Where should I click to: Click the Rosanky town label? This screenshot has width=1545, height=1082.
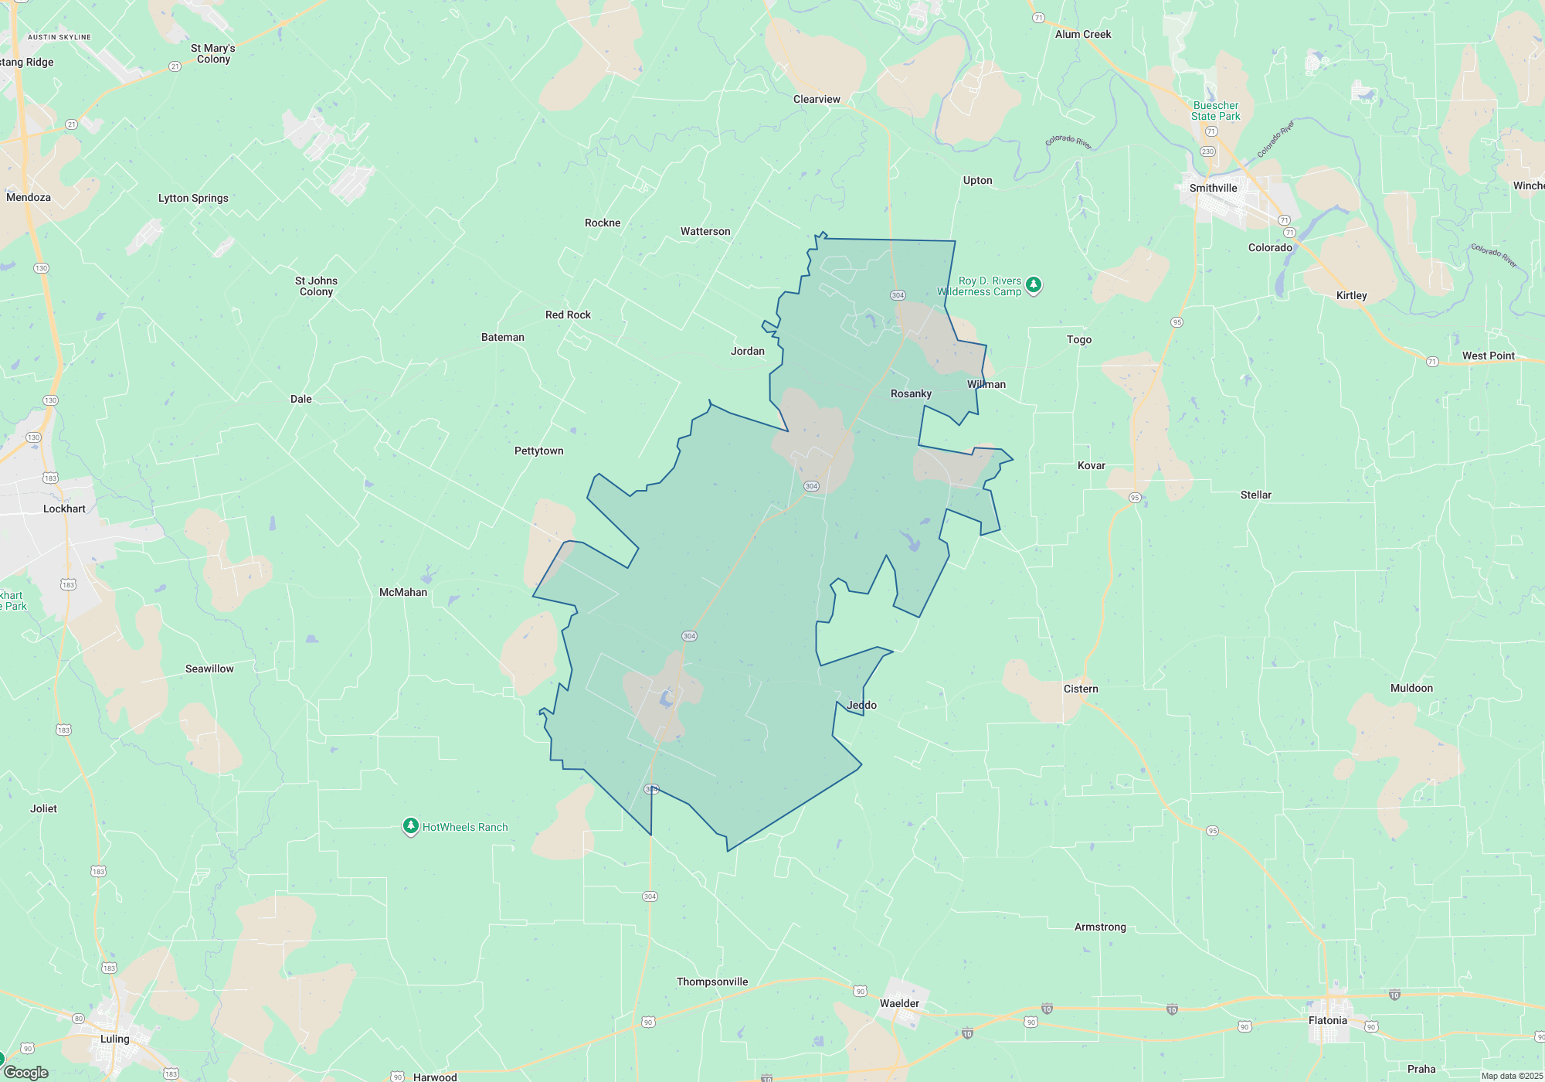coord(911,394)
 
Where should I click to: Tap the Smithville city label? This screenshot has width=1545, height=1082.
coord(1213,189)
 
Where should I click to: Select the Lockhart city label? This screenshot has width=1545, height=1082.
coord(64,509)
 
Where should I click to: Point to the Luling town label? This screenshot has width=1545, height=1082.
coord(115,1039)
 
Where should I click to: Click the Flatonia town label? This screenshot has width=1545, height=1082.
coord(1327,1021)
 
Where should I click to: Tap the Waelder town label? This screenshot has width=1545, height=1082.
coord(899,1004)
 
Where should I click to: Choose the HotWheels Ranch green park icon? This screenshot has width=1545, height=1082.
coord(411,827)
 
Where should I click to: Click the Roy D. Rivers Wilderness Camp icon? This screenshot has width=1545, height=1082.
coord(1034,285)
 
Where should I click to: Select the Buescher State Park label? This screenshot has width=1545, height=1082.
coord(1215,111)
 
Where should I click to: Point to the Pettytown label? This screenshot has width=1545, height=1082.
coord(538,451)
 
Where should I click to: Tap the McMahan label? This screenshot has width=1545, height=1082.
coord(403,593)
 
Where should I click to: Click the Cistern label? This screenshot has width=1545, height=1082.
coord(1081,689)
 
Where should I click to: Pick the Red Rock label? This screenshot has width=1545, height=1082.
coord(568,315)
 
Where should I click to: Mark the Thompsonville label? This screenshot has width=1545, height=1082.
coord(712,982)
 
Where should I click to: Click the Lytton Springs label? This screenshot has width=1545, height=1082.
coord(193,199)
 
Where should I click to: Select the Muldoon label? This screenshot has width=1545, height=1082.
coord(1411,689)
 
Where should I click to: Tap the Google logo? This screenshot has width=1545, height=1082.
coord(26,1073)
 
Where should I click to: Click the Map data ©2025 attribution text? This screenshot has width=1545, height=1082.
coord(1511,1076)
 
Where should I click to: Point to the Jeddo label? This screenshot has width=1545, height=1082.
coord(862,706)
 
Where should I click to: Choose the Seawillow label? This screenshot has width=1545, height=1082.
coord(209,669)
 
